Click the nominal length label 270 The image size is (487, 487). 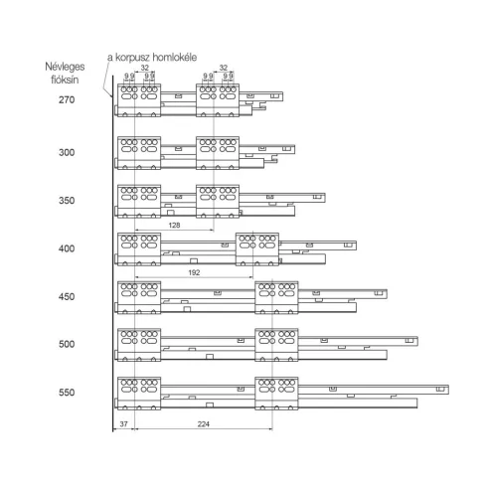(67, 99)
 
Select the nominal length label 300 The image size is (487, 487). (67, 152)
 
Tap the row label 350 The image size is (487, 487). (67, 201)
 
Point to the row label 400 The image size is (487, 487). (67, 248)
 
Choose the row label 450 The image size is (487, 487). (67, 296)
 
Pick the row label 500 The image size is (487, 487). (67, 344)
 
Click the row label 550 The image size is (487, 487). (67, 393)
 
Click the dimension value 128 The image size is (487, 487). (174, 226)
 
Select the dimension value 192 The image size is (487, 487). (194, 272)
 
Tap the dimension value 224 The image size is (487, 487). (204, 424)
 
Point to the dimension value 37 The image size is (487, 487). (123, 424)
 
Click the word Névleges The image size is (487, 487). (65, 67)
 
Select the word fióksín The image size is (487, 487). (65, 80)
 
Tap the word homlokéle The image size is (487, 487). (175, 58)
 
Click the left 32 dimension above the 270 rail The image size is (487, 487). (145, 68)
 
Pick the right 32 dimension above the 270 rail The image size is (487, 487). (224, 68)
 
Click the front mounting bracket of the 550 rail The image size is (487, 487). (139, 394)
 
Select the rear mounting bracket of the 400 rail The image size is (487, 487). (257, 249)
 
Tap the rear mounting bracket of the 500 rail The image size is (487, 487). (276, 345)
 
